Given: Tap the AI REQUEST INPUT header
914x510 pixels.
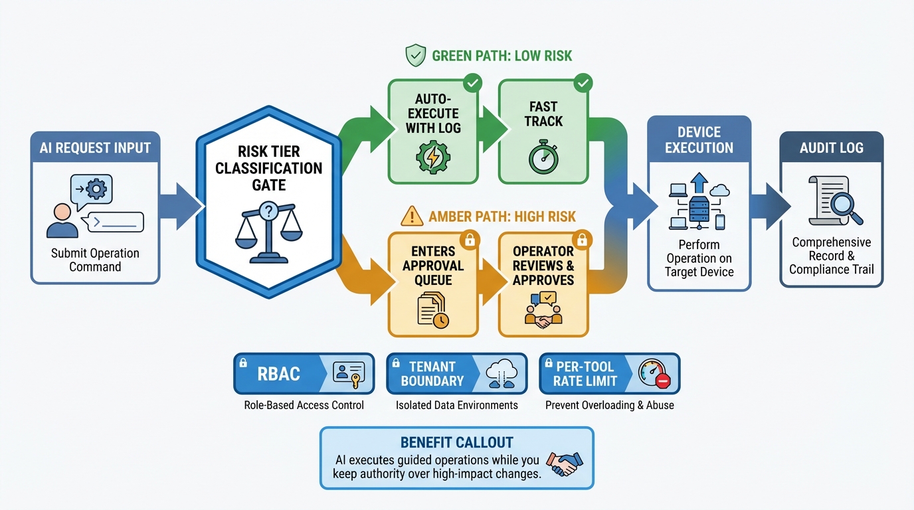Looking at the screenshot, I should point(95,147).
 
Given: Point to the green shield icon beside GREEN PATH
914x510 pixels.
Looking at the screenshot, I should point(415,55).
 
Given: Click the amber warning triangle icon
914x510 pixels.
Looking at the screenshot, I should point(412,216).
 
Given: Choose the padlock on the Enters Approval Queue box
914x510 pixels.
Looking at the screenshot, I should point(470,239).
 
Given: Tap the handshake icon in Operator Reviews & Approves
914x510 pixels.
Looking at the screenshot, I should point(543,311).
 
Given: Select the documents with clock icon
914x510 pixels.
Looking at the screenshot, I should point(432,310).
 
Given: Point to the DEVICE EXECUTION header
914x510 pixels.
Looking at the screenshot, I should point(699,140).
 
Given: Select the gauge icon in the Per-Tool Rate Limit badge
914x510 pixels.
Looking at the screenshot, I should point(654,374).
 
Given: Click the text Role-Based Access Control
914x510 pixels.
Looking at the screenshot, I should point(304,405).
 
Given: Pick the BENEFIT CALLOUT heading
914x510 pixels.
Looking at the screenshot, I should point(456,443).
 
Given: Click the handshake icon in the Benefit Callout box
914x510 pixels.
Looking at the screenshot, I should point(563,464).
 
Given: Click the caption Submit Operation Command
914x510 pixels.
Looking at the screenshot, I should point(95,260).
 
